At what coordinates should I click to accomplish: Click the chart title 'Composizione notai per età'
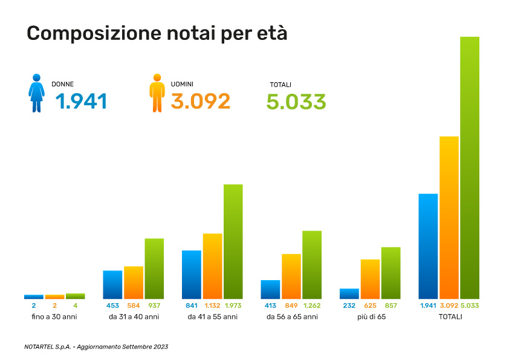[157, 33]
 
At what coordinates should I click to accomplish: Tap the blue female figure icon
[37, 93]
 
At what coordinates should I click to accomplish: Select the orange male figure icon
[158, 93]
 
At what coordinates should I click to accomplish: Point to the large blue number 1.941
[81, 102]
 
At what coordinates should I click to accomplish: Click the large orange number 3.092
[201, 102]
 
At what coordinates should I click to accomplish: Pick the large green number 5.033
[296, 102]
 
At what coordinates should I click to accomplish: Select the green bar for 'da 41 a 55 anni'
[233, 241]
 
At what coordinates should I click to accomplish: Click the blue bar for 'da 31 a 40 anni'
[112, 284]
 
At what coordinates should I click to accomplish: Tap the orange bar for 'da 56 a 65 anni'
[291, 276]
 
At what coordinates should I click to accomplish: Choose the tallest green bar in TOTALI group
[470, 168]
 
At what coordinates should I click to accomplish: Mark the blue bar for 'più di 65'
[349, 293]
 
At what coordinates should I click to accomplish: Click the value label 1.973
[233, 306]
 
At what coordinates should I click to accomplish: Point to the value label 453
[112, 306]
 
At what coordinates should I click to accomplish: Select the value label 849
[291, 306]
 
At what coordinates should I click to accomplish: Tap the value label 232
[349, 306]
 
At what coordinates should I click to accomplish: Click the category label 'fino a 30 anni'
[54, 316]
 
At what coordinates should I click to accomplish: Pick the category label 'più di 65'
[371, 316]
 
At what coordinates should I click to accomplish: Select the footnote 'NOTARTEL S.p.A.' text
[48, 347]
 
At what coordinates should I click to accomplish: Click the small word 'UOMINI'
[182, 84]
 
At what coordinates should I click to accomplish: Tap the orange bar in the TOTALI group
[449, 217]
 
